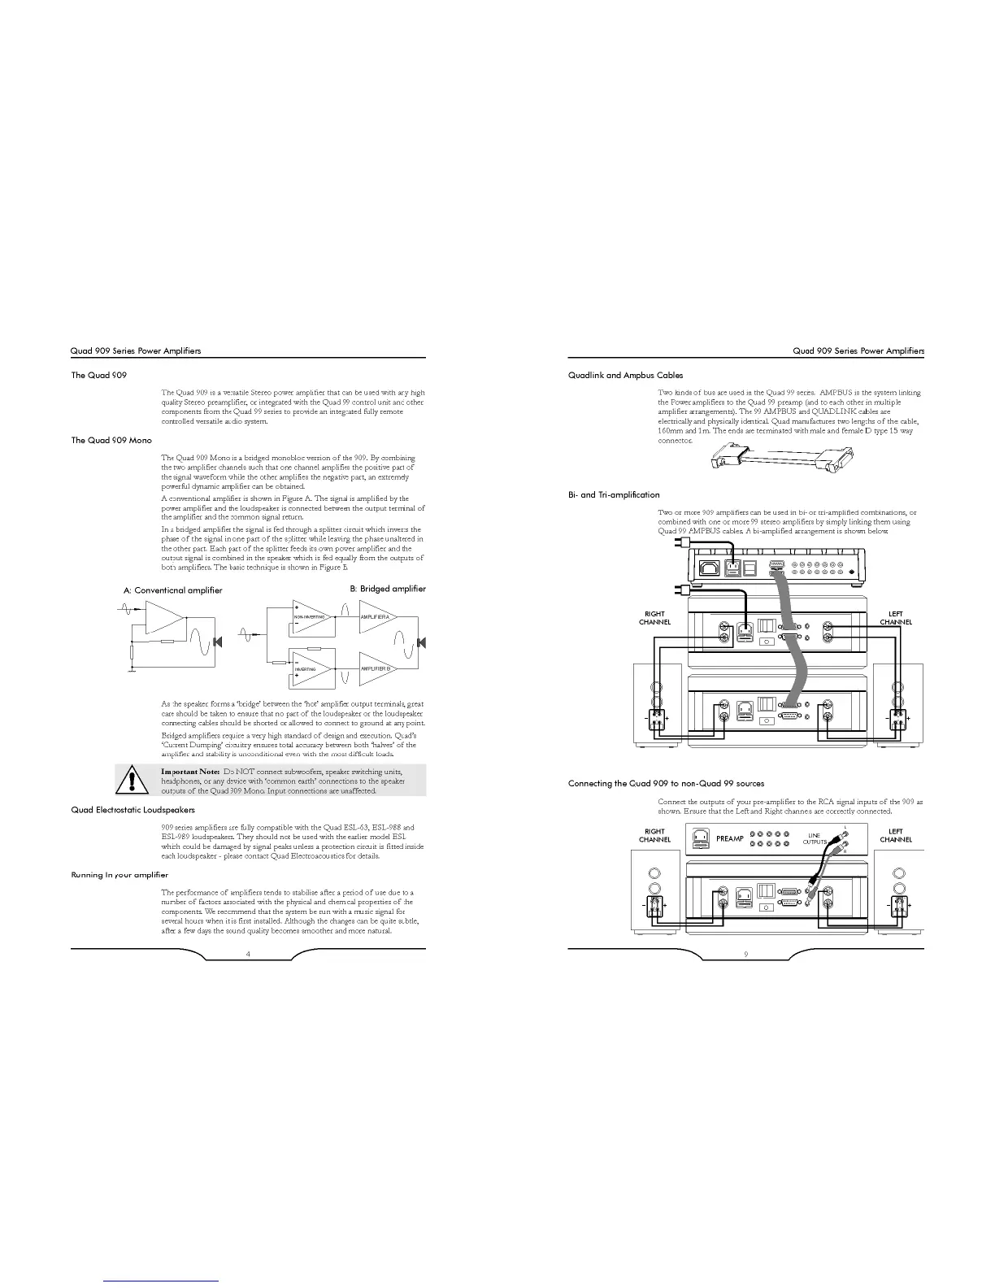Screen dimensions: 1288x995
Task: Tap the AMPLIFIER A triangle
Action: click(x=374, y=617)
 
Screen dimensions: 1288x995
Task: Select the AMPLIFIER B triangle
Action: click(x=374, y=668)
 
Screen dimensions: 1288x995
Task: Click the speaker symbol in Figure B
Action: click(x=421, y=643)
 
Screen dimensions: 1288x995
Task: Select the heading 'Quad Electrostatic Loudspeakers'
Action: click(x=133, y=810)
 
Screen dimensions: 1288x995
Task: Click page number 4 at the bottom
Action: click(x=248, y=954)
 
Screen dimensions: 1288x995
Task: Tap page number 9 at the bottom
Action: click(x=745, y=954)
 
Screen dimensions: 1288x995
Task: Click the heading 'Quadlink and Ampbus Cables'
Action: click(x=625, y=376)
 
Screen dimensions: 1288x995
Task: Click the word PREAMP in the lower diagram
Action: click(x=729, y=838)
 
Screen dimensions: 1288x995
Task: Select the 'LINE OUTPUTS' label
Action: click(x=815, y=838)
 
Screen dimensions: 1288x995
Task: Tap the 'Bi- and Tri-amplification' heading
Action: click(x=614, y=494)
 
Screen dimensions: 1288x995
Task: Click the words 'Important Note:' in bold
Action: click(x=190, y=771)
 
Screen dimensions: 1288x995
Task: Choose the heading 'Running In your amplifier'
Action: click(x=119, y=875)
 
